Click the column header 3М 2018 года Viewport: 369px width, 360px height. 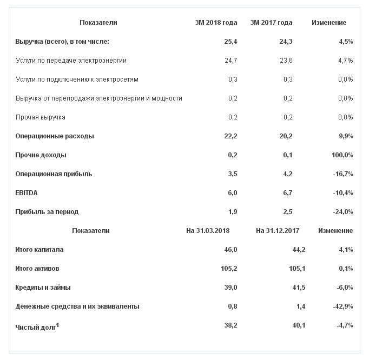(216, 23)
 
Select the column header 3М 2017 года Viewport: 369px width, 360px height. (271, 23)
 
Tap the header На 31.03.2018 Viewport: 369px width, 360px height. (208, 231)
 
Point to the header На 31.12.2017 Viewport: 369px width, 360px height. (278, 231)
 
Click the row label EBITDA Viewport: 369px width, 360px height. (26, 193)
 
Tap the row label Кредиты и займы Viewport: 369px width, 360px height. (43, 288)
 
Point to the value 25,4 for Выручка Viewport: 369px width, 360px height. (231, 42)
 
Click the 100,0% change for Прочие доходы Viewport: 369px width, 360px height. (342, 155)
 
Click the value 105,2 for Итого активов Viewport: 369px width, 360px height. (228, 269)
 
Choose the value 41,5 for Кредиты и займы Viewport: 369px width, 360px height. (298, 288)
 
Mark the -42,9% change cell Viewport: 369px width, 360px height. (342, 306)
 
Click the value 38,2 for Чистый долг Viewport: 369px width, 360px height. (230, 325)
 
